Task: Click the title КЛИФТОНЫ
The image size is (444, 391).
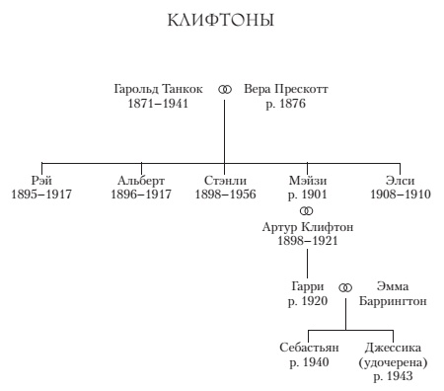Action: [x=221, y=21]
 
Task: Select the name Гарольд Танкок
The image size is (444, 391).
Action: [x=159, y=89]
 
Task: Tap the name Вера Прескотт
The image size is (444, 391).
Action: [x=285, y=89]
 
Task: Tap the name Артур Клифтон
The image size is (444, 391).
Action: [x=307, y=227]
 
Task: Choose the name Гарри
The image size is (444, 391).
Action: [x=307, y=286]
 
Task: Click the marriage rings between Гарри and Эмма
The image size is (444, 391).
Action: [x=345, y=287]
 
